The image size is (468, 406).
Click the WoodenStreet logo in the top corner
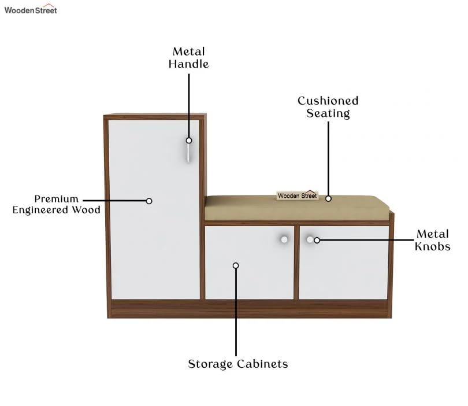pyautogui.click(x=31, y=9)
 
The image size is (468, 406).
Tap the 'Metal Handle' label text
pyautogui.click(x=188, y=58)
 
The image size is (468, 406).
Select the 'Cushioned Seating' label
pyautogui.click(x=328, y=107)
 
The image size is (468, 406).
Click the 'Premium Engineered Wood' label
pyautogui.click(x=57, y=204)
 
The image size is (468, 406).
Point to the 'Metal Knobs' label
pyautogui.click(x=432, y=240)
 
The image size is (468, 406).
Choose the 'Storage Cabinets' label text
pyautogui.click(x=237, y=364)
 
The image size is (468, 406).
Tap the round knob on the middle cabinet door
pyautogui.click(x=284, y=239)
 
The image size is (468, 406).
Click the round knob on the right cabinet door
pyautogui.click(x=310, y=239)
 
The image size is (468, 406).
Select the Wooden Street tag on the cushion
pyautogui.click(x=297, y=195)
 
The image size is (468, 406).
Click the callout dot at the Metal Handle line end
pyautogui.click(x=189, y=141)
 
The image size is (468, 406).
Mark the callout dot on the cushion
pyautogui.click(x=328, y=198)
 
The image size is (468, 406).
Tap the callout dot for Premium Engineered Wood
pyautogui.click(x=149, y=201)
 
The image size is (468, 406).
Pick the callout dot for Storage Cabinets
pyautogui.click(x=236, y=265)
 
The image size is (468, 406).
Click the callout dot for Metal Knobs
pyautogui.click(x=317, y=240)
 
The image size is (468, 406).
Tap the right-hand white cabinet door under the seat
pyautogui.click(x=344, y=269)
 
